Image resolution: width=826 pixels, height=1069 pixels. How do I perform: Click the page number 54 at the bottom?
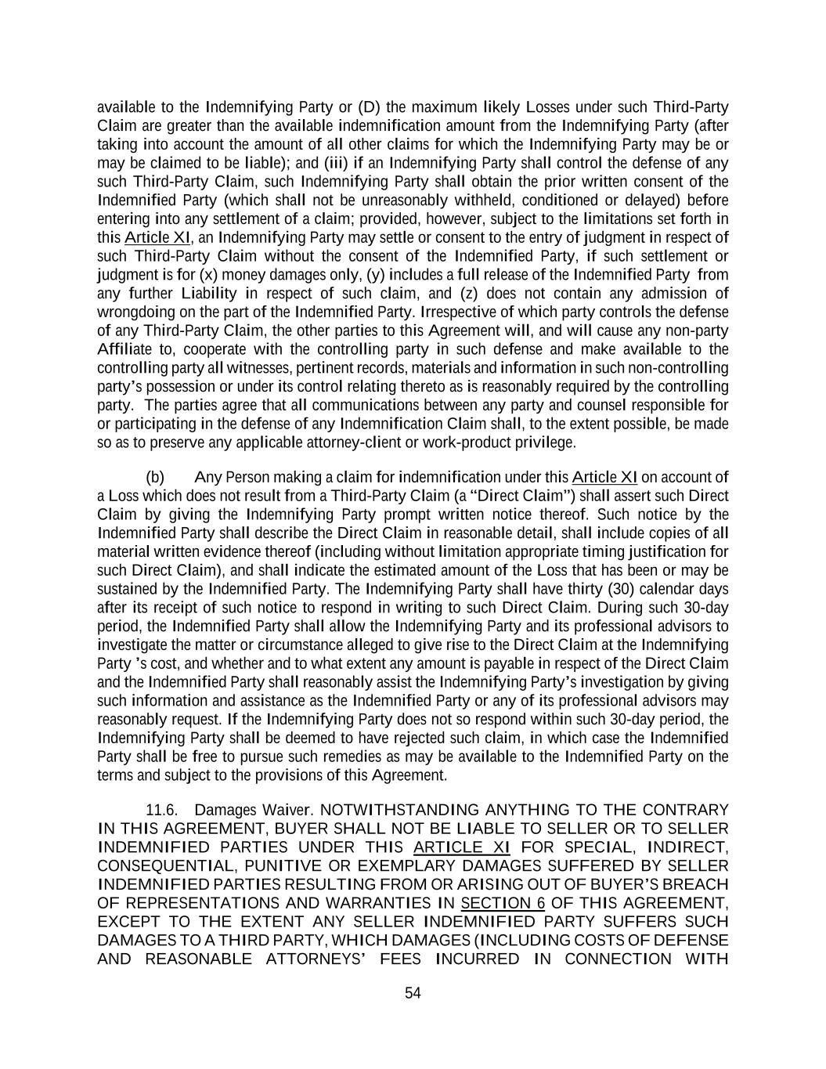point(413,993)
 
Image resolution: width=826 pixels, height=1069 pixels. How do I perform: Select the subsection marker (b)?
point(155,477)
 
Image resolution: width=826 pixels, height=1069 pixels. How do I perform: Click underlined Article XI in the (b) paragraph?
point(604,477)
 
